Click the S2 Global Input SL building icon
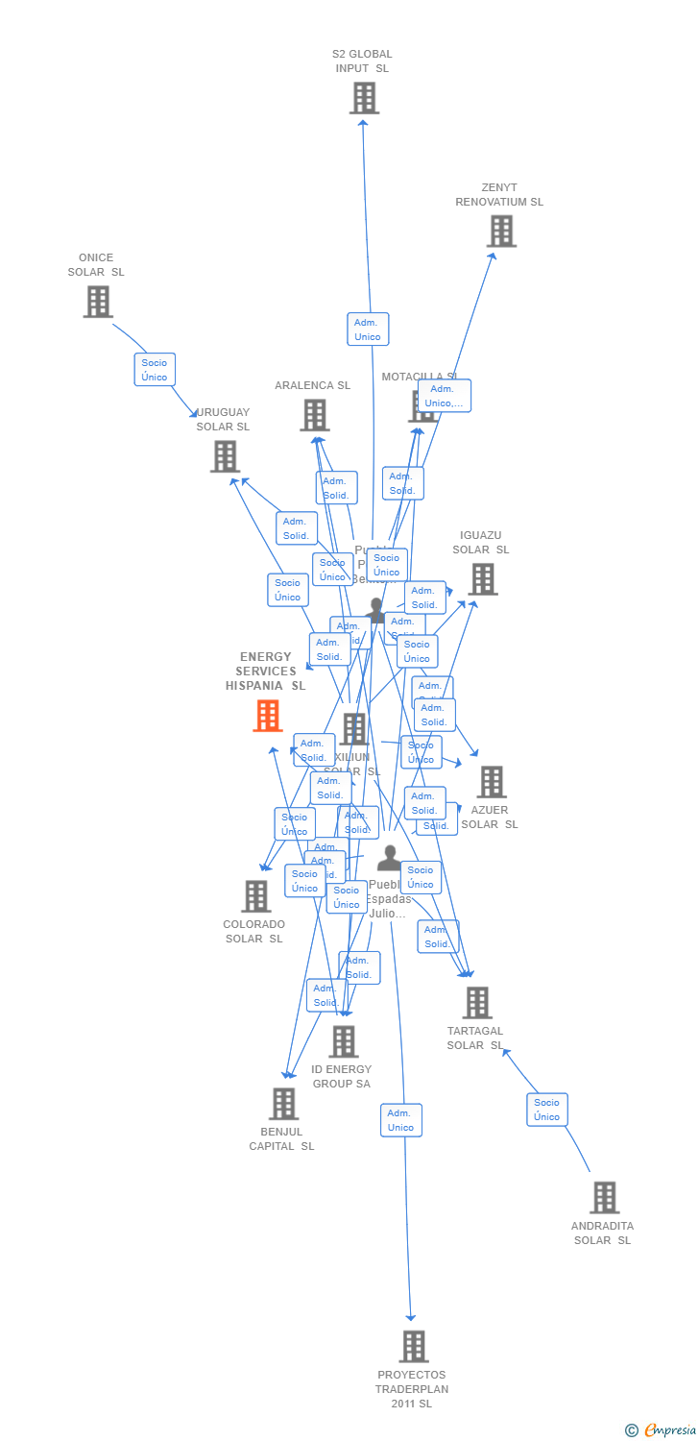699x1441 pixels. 364,98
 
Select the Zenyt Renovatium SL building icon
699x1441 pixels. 500,232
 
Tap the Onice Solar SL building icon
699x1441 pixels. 97,302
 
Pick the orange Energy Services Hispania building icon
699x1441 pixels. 267,716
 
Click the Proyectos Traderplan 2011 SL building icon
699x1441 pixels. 413,1347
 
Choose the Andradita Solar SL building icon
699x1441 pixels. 604,1198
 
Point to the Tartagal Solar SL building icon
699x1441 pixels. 476,1003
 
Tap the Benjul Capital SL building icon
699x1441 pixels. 283,1104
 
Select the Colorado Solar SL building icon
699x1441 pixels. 255,896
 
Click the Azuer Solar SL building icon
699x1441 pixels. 491,782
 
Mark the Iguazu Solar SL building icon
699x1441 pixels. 483,579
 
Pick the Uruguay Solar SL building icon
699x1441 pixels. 225,456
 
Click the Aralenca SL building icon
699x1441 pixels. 314,415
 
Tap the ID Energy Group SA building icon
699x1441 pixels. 343,1041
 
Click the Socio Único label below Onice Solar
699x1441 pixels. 155,370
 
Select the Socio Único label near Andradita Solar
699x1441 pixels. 547,1110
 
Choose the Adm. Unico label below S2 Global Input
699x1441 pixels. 368,330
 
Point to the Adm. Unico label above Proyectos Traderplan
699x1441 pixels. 401,1120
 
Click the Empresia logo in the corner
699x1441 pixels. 662,1430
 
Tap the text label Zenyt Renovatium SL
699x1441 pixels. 499,195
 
